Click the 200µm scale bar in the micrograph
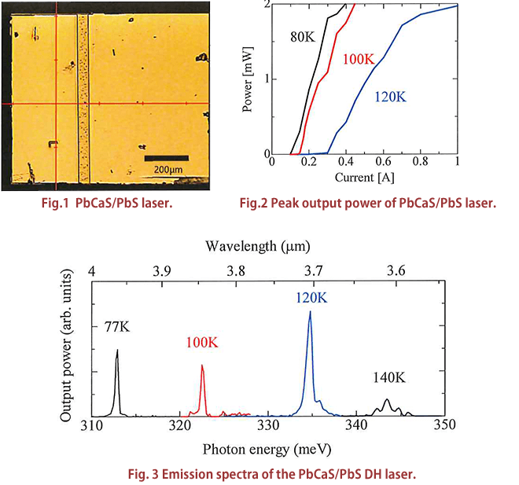[x=165, y=157]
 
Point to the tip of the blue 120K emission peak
[x=310, y=311]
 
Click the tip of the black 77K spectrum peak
[x=117, y=350]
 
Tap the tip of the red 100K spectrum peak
[x=202, y=365]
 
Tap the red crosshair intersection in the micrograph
[x=57, y=104]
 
